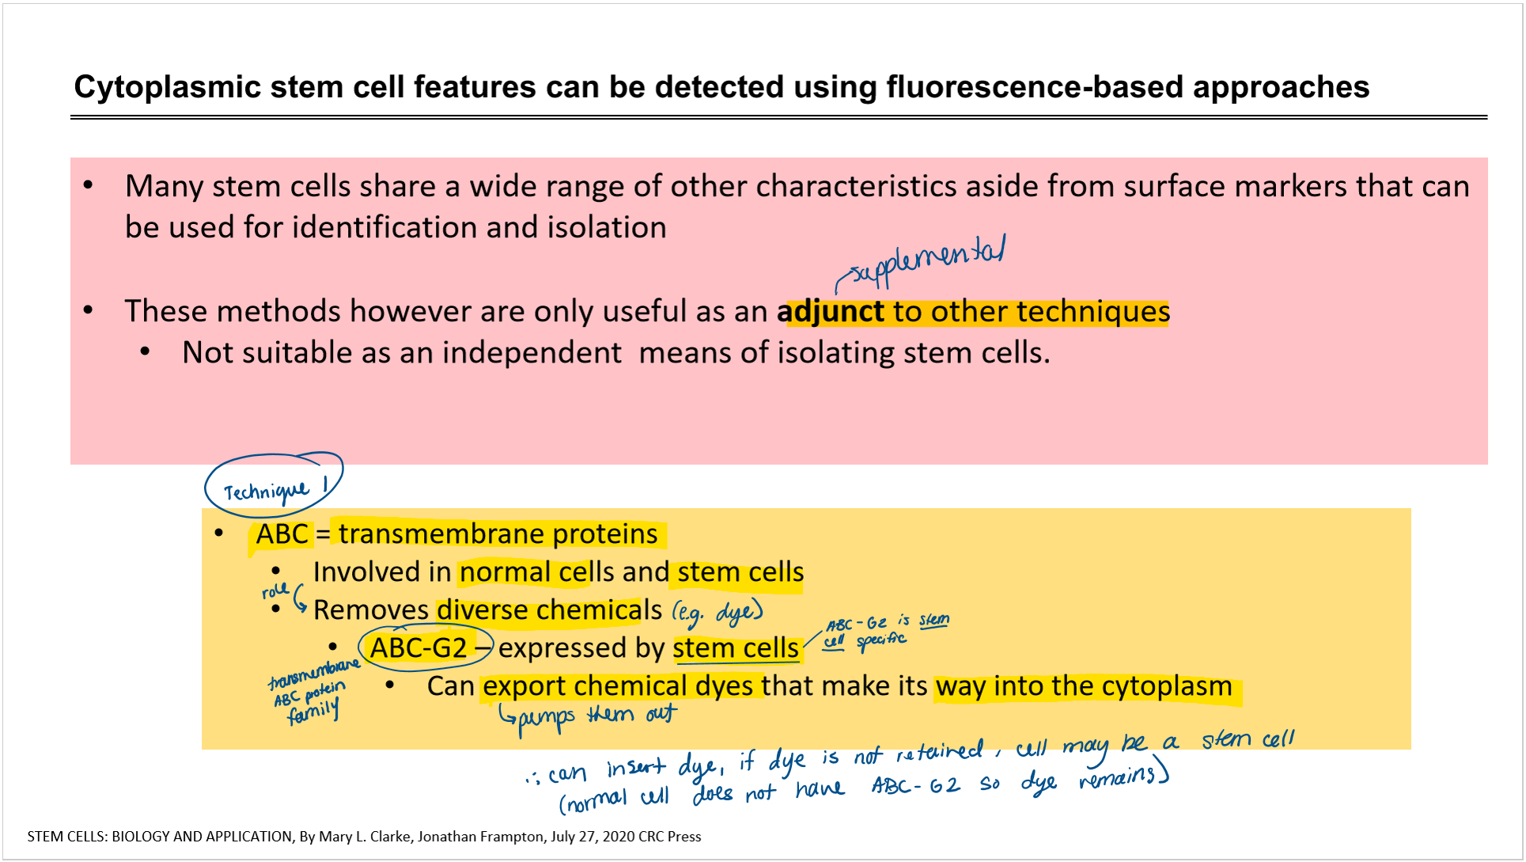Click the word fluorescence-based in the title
[x=1034, y=87]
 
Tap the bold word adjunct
[x=830, y=311]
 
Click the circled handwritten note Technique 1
[x=274, y=483]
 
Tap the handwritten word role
[x=275, y=590]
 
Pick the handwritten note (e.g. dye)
[x=718, y=612]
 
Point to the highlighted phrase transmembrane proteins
[x=498, y=534]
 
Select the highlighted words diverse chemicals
[x=549, y=610]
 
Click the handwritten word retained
[x=939, y=753]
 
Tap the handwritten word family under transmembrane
[x=313, y=711]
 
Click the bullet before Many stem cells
[x=89, y=186]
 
